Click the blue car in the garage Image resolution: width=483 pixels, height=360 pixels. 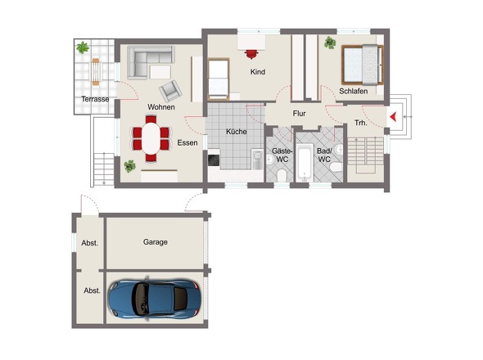[x=155, y=299]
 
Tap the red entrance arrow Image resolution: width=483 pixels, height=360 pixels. [x=393, y=117]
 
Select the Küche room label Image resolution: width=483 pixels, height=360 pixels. [x=237, y=132]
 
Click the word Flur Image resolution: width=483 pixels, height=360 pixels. [x=299, y=114]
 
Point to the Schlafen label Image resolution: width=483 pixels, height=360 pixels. [x=354, y=91]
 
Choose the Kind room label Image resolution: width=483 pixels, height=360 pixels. [x=258, y=72]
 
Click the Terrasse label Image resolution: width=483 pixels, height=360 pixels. [x=95, y=99]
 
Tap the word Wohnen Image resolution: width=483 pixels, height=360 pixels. [x=161, y=107]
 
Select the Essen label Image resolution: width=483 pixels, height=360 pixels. [x=187, y=142]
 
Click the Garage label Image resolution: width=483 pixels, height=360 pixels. [x=156, y=242]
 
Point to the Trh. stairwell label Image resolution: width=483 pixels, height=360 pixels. [x=361, y=123]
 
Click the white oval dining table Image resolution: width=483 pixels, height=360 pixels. [x=151, y=138]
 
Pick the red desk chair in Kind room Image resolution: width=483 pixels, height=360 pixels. [x=251, y=53]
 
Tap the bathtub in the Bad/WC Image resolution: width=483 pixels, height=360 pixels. [x=305, y=162]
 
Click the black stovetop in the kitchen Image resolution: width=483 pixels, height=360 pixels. [x=214, y=160]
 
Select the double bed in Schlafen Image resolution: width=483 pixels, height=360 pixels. [x=362, y=65]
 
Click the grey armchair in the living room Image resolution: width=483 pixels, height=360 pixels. [x=170, y=91]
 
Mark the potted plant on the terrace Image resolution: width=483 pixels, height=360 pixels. [x=83, y=47]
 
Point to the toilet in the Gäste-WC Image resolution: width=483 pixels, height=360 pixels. [x=282, y=176]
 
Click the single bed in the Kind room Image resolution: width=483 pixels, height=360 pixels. [x=219, y=79]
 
